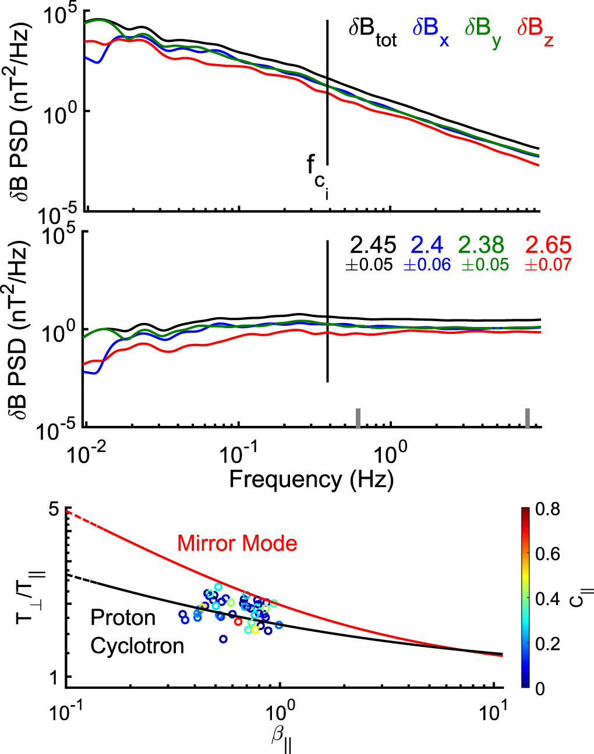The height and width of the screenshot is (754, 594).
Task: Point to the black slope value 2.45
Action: (x=373, y=245)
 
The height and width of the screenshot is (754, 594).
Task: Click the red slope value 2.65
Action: (x=548, y=245)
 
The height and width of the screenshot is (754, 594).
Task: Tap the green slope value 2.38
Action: (x=481, y=245)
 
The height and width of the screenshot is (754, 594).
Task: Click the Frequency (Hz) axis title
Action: (x=311, y=479)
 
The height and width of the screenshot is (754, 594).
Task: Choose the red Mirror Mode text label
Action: (x=237, y=543)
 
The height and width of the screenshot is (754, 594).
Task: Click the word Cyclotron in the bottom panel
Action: (x=137, y=646)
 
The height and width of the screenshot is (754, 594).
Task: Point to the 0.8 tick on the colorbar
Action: (x=547, y=510)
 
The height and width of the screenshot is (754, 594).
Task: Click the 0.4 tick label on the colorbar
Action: (x=547, y=599)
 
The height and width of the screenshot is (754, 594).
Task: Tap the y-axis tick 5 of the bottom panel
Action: (x=54, y=510)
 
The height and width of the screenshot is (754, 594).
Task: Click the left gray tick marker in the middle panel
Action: (x=359, y=418)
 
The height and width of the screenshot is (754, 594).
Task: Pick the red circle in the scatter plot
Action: (x=238, y=621)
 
